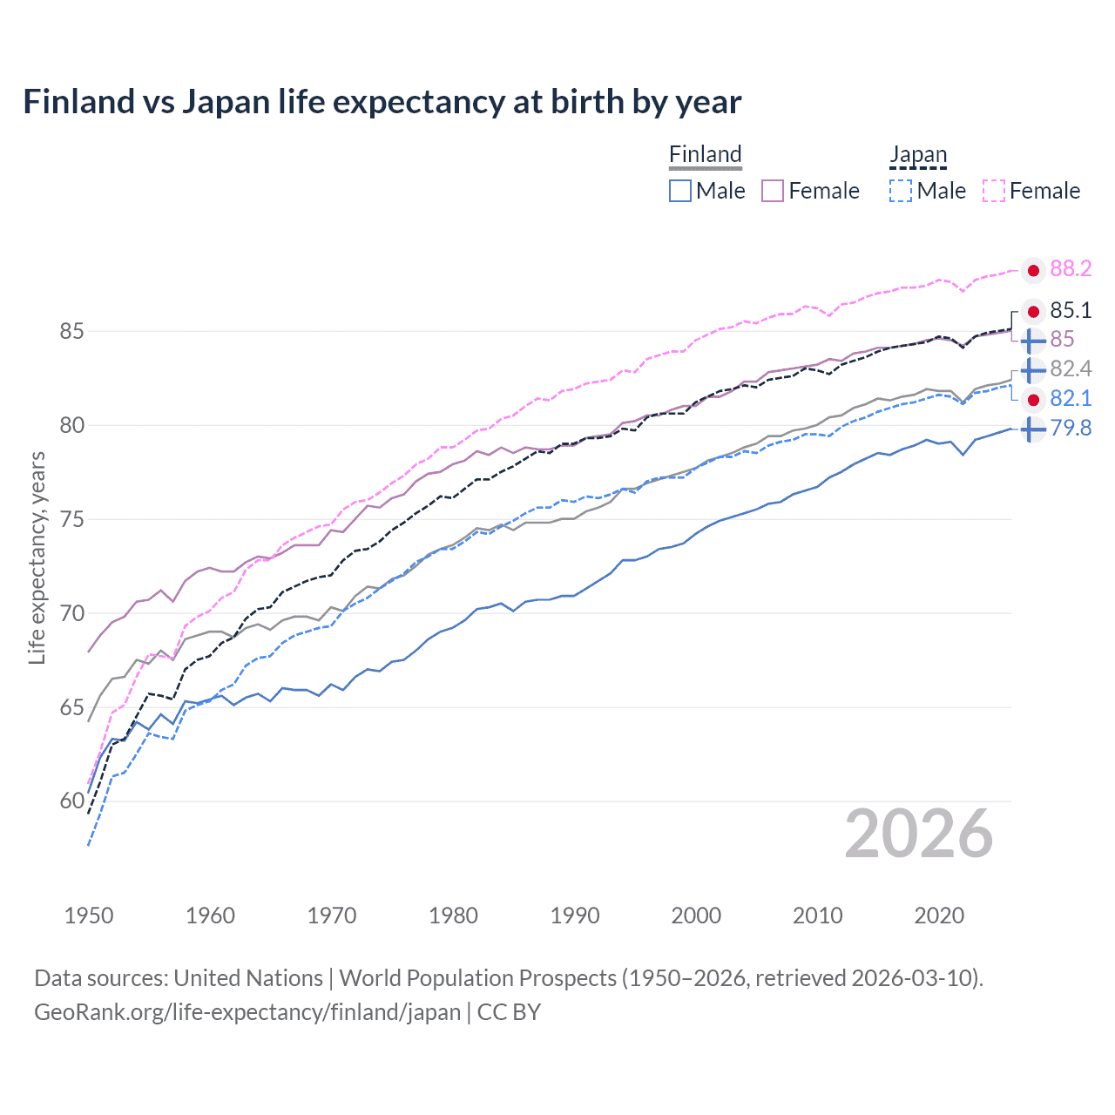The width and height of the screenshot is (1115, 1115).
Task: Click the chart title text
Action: (x=382, y=102)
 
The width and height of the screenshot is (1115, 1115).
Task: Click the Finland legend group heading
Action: (x=705, y=155)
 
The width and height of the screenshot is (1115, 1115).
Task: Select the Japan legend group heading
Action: (x=917, y=155)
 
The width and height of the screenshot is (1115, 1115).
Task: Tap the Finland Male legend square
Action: (x=680, y=191)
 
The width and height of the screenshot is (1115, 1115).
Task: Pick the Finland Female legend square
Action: (x=773, y=191)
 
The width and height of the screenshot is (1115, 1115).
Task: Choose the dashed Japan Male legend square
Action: (x=901, y=191)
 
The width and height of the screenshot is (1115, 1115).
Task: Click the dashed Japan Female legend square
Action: (x=994, y=191)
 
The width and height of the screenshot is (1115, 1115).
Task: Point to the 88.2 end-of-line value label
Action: (x=1071, y=269)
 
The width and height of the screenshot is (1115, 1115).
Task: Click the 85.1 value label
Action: (x=1071, y=311)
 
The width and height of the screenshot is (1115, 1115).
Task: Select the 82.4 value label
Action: (x=1071, y=369)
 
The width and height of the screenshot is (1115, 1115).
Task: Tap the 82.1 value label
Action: (x=1071, y=399)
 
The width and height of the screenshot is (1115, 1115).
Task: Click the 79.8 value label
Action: (x=1071, y=429)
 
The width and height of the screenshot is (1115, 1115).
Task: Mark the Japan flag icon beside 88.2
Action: (x=1033, y=271)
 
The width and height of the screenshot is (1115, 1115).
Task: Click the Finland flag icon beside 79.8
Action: (x=1033, y=429)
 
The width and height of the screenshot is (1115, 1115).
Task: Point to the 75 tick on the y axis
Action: (x=72, y=520)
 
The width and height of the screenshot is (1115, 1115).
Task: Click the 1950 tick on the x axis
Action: (x=89, y=916)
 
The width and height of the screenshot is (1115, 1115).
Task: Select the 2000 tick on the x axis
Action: (x=696, y=916)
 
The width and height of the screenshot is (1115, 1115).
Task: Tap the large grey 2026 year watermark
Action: (x=919, y=835)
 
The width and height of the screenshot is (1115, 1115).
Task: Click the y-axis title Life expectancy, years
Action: (x=37, y=557)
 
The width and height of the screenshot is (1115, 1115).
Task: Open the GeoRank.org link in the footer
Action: (x=247, y=1012)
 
